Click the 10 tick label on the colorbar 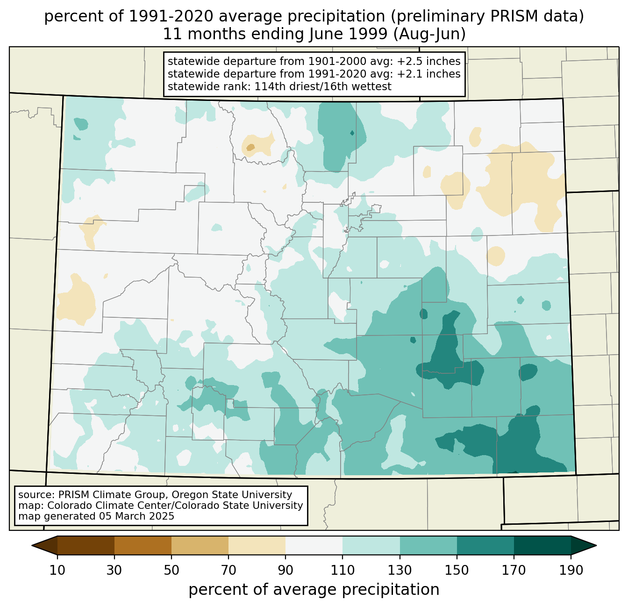point(57,570)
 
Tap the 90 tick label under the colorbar point(285,570)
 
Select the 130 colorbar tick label point(400,570)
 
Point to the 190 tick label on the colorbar point(571,570)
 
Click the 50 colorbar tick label point(171,570)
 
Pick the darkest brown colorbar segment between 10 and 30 point(86,545)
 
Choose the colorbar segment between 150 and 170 point(485,545)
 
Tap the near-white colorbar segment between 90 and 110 point(314,545)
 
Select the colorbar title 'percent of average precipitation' point(314,590)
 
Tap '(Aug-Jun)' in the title point(429,34)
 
